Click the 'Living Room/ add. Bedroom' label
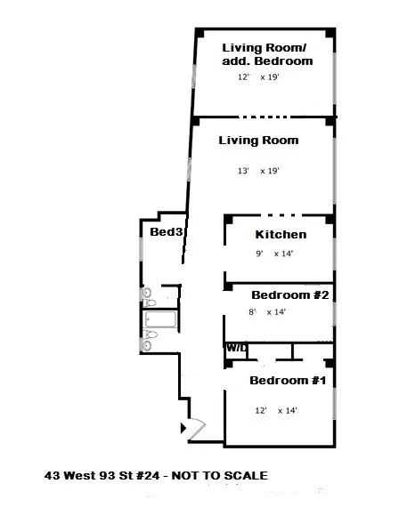[x=267, y=54]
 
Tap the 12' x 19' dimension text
[x=259, y=78]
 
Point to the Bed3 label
[x=167, y=232]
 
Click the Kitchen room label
[x=281, y=235]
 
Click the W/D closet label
[x=236, y=348]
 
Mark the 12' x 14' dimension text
[x=276, y=411]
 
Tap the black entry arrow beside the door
[x=184, y=428]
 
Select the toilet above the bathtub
[x=148, y=294]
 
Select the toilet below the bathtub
[x=149, y=335]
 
